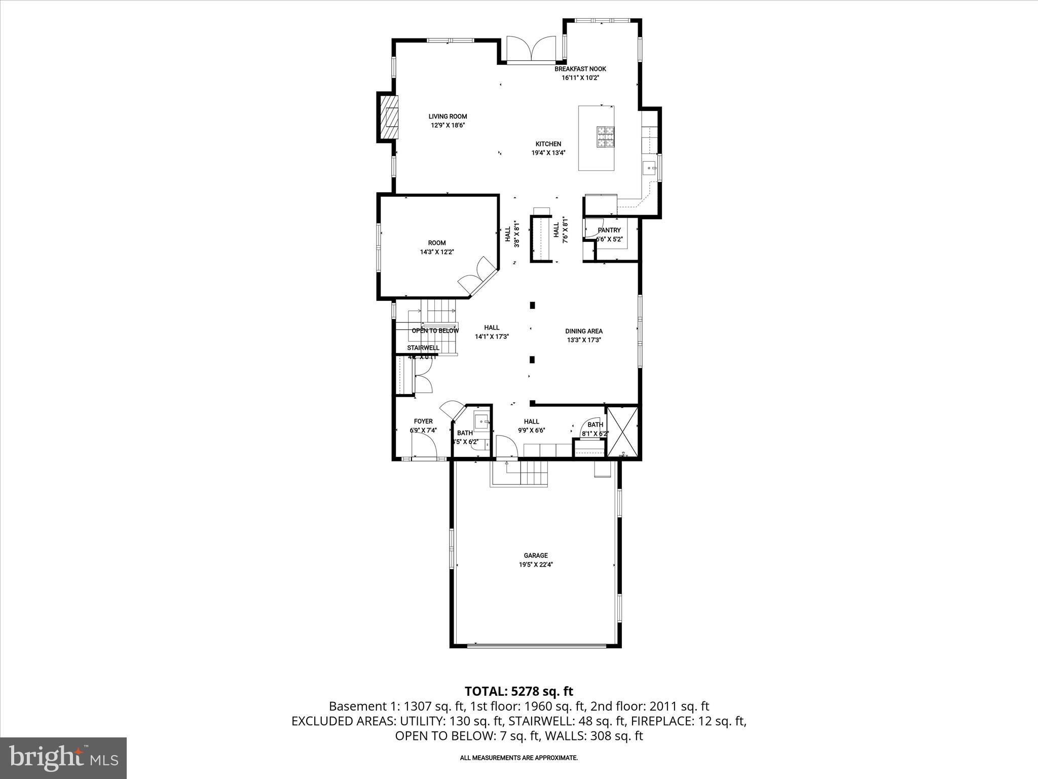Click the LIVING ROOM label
448,117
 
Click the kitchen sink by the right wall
649,167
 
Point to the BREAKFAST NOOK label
580,69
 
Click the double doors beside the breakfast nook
531,50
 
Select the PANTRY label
609,230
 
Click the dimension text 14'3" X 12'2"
436,252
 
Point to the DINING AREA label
584,331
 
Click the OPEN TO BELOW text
435,331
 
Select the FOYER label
423,421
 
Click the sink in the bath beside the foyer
481,420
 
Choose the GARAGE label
536,555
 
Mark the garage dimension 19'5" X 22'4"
536,564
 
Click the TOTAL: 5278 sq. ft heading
518,691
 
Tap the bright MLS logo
63,759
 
